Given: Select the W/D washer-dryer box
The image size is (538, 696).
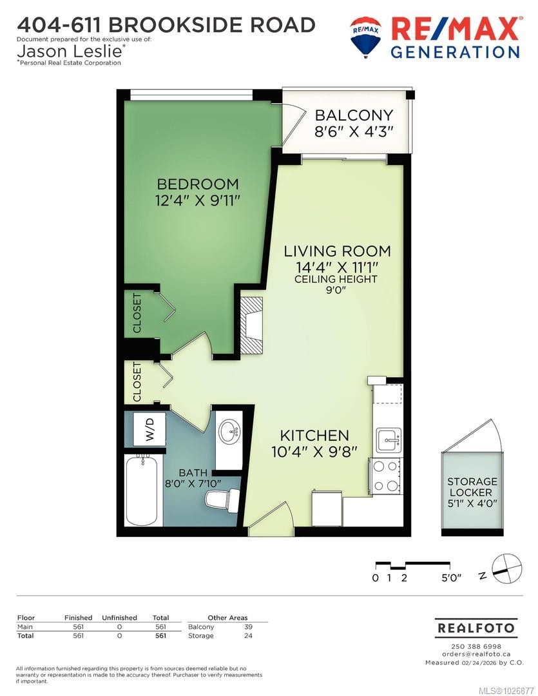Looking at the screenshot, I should (x=149, y=429).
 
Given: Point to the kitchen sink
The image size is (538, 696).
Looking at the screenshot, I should (x=389, y=441).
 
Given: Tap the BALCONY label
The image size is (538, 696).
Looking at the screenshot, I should (x=353, y=115).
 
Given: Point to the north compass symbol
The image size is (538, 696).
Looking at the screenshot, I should (x=505, y=565).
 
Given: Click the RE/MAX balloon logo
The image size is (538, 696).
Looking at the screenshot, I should (x=365, y=36).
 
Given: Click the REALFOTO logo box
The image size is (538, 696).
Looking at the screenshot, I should (x=476, y=627).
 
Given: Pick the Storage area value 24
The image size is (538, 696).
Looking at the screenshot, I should (x=249, y=635).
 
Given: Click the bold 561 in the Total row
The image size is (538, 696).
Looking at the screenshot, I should (x=160, y=635).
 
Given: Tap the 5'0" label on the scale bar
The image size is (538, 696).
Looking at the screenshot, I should (x=451, y=578).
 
